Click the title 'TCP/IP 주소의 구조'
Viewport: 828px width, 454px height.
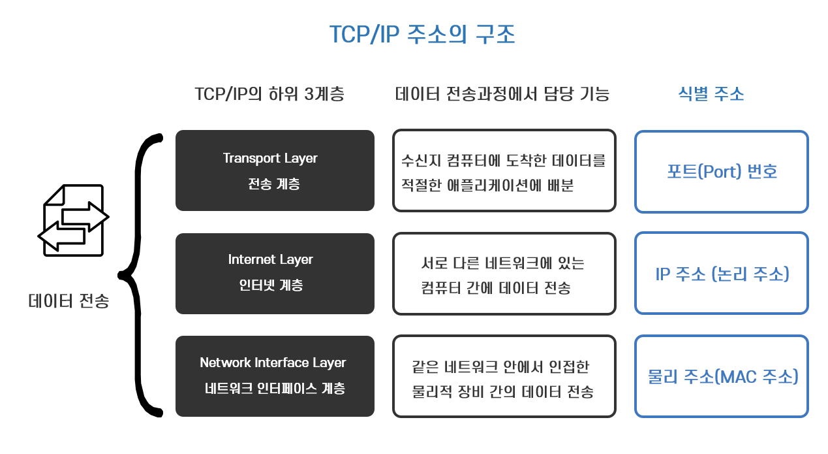pos(422,35)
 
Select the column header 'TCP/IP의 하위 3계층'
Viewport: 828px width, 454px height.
pos(269,94)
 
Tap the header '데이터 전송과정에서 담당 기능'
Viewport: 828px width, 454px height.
pos(502,94)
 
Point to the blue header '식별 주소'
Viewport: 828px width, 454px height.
pos(711,94)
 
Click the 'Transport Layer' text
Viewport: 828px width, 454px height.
pos(270,158)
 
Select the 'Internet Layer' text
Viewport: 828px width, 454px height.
pos(270,259)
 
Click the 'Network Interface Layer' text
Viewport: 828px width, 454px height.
pos(273,363)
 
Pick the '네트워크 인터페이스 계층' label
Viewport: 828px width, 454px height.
pos(275,389)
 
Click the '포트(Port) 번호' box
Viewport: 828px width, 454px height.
pos(721,172)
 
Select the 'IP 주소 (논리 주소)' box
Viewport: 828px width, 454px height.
pos(721,274)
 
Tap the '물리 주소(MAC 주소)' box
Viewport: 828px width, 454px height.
pos(721,376)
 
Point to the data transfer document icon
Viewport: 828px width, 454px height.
pos(73,219)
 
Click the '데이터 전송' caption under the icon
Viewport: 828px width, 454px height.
pos(69,301)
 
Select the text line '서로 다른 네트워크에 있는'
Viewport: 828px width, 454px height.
pos(503,263)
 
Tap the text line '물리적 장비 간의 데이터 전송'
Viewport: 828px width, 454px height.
pos(502,392)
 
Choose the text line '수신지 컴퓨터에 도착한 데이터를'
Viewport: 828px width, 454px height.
pos(504,160)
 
